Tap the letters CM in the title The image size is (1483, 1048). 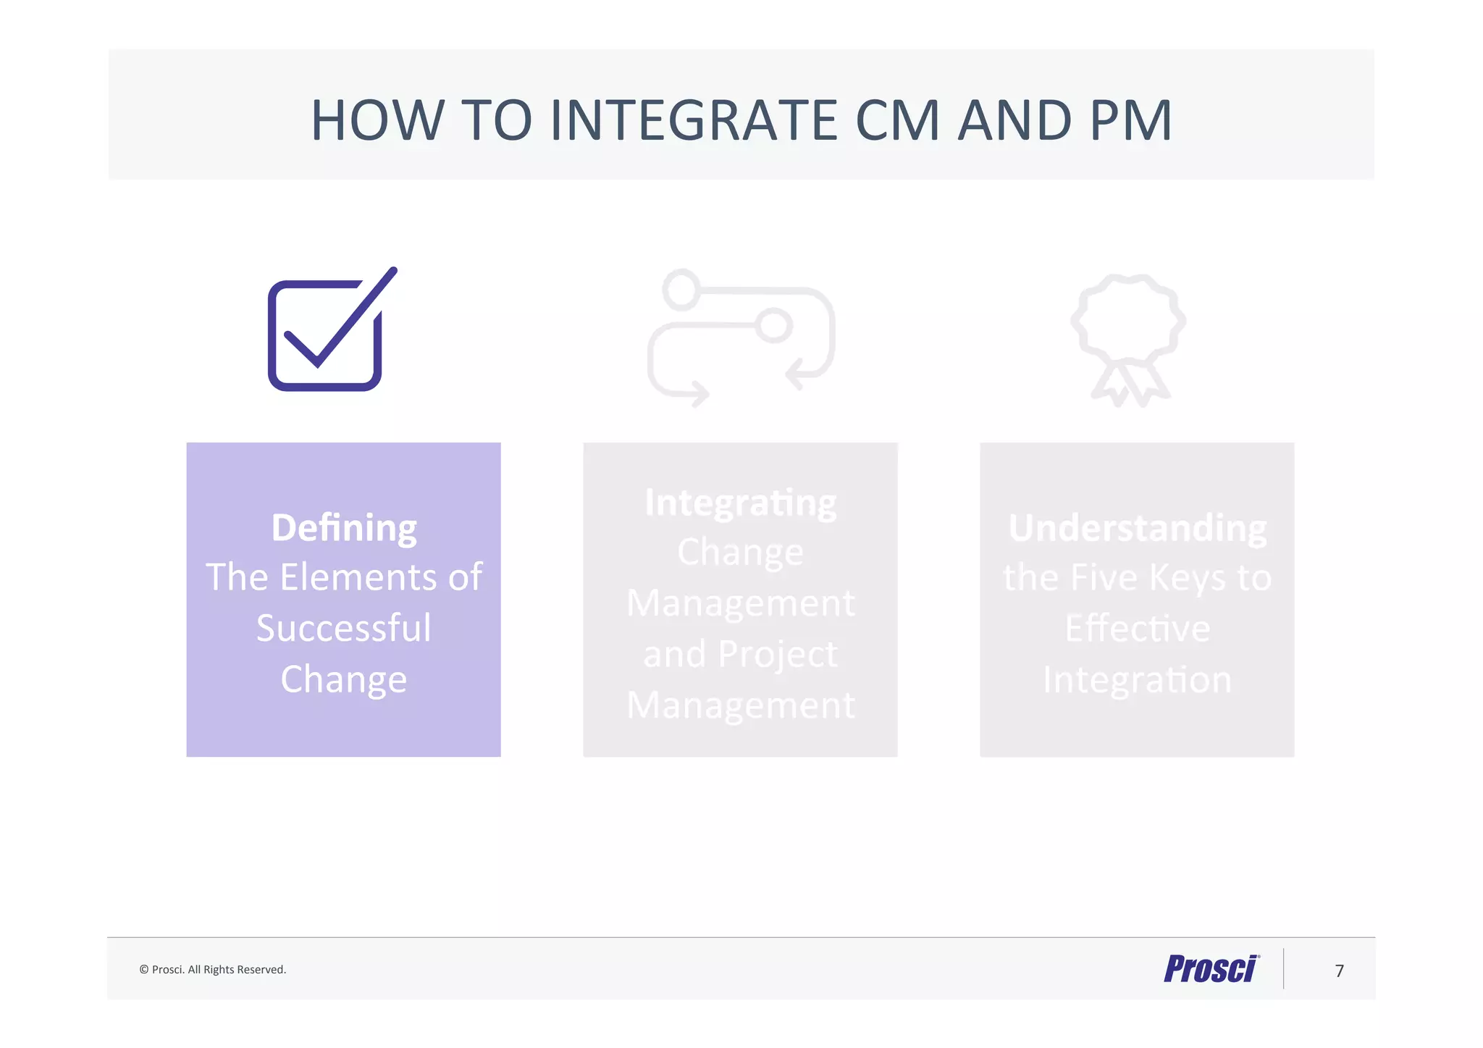897,120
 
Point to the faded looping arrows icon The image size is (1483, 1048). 741,338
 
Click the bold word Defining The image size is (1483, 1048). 344,527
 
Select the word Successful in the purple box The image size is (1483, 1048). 344,628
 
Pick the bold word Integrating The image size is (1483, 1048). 740,503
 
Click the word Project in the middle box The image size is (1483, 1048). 778,654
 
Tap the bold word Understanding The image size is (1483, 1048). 1137,527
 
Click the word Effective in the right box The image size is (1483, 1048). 1137,628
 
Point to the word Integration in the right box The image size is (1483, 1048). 1137,679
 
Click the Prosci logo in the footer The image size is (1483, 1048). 1211,969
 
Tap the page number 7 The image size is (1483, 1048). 1339,971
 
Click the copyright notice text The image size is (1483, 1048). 213,970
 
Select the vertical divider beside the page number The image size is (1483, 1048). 1283,968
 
